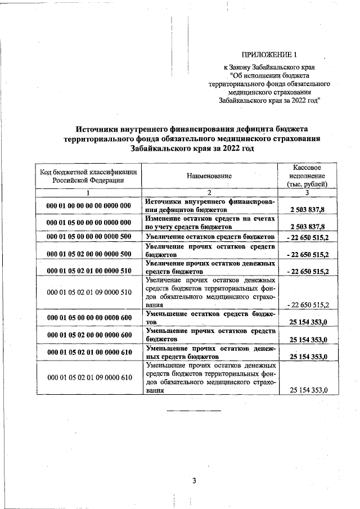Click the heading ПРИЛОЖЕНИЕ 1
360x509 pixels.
(268, 55)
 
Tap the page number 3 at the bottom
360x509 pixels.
(193, 480)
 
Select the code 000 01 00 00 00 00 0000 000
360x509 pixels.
(89, 206)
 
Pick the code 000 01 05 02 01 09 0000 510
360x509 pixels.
(89, 292)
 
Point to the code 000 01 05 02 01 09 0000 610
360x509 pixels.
(89, 377)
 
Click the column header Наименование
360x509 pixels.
(209, 176)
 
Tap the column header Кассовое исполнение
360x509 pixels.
(307, 175)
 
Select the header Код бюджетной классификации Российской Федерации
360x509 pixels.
(88, 176)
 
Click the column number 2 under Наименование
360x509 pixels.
(209, 193)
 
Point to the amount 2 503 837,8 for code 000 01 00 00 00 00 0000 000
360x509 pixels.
(307, 209)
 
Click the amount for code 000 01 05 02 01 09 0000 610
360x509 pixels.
(308, 390)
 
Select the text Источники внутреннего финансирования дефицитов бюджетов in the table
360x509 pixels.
(209, 206)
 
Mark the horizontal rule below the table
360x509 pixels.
(193, 411)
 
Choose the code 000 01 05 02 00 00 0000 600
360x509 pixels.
(89, 335)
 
